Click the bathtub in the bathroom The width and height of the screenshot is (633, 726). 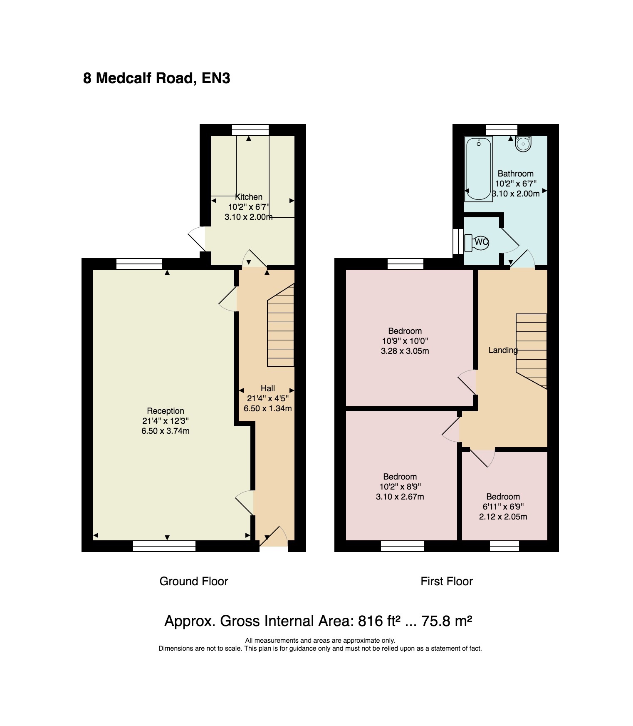click(479, 169)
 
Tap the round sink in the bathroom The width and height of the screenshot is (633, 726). click(522, 143)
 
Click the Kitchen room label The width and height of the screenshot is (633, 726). click(249, 197)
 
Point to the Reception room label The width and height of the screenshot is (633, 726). click(166, 411)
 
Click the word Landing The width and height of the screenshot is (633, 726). click(503, 350)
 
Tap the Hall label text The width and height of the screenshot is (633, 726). click(268, 388)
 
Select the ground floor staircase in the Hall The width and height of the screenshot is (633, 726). click(281, 325)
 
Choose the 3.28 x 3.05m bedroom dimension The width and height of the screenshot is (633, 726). click(405, 351)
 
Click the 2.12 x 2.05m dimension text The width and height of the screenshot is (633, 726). click(503, 517)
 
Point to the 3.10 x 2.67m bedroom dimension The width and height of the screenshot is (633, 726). click(400, 497)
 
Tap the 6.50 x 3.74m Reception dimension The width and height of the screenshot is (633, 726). click(166, 431)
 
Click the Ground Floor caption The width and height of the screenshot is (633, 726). click(194, 581)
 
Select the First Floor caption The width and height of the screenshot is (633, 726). click(447, 581)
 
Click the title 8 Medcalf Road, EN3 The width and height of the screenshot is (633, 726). click(157, 78)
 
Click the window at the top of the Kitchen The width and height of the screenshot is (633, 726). click(250, 130)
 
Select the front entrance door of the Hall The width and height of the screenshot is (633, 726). click(273, 537)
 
